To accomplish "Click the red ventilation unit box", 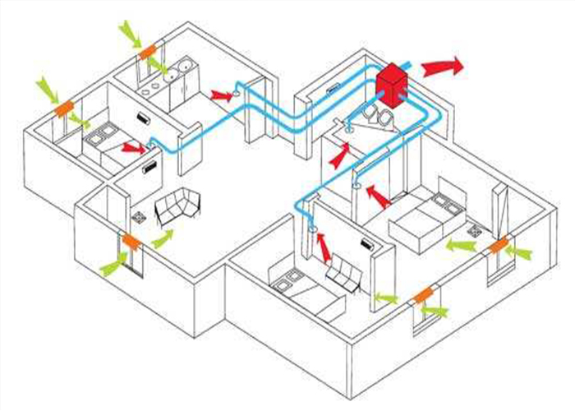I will coord(394,83).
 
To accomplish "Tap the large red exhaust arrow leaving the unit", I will coord(444,66).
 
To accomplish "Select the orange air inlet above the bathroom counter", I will coord(148,51).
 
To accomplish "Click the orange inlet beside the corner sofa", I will coord(130,241).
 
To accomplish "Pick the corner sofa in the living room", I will coord(181,205).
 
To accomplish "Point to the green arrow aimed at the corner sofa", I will coord(163,239).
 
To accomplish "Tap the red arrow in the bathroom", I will coord(219,96).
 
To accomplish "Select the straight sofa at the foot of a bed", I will coord(343,272).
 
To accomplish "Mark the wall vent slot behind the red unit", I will coord(334,88).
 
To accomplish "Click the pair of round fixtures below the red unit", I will coord(379,114).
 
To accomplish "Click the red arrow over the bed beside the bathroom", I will coord(131,148).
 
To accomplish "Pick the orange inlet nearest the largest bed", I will coord(498,246).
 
